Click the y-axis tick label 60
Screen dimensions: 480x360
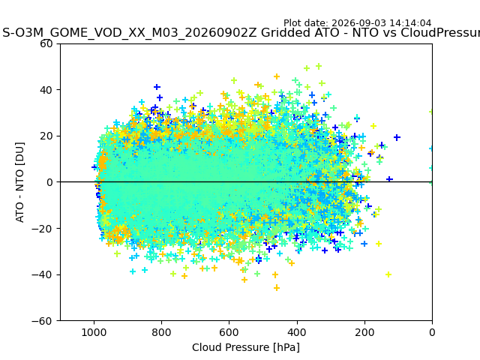click(46, 43)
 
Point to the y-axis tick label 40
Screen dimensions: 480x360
click(46, 90)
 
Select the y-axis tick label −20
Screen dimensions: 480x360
click(42, 229)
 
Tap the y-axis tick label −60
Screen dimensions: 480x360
click(42, 321)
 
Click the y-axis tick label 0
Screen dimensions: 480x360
click(49, 182)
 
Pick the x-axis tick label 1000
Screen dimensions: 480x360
click(94, 332)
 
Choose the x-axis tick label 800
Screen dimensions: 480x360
click(162, 332)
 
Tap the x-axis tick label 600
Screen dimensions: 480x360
click(229, 332)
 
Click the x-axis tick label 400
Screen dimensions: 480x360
click(297, 332)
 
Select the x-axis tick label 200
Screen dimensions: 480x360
click(364, 332)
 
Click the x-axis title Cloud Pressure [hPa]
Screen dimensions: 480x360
click(246, 347)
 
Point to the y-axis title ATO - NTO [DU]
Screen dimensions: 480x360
click(19, 182)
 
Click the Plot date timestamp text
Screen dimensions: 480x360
click(357, 23)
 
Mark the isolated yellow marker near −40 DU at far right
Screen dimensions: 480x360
click(388, 274)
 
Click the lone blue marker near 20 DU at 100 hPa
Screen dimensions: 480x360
click(397, 137)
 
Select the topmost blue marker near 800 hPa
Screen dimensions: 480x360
click(157, 87)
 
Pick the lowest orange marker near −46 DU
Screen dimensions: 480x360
click(277, 288)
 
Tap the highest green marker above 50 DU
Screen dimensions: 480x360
click(319, 66)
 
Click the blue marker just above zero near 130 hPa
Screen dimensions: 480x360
click(389, 179)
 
